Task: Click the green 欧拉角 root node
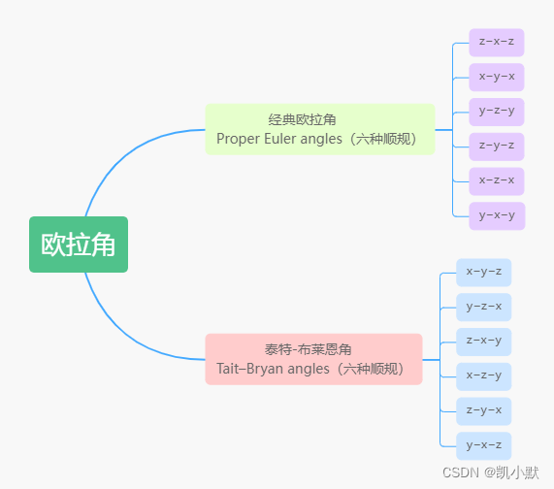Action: (79, 244)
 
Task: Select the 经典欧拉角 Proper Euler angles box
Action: (319, 129)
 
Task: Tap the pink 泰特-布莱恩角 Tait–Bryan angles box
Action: (313, 359)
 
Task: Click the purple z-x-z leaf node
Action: (496, 43)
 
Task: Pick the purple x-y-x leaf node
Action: (496, 78)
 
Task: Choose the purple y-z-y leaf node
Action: (496, 112)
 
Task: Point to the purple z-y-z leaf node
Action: (496, 147)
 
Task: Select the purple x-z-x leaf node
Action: (496, 181)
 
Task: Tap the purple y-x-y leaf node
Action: (496, 215)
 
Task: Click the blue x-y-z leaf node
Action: (483, 273)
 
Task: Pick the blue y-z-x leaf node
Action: (483, 308)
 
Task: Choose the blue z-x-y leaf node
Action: (483, 342)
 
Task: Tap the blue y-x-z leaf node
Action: (483, 446)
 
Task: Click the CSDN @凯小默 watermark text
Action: (490, 473)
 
